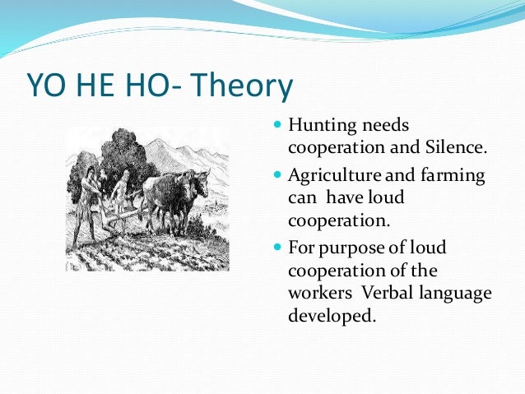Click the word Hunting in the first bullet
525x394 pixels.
[x=323, y=126]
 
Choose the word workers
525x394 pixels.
[x=317, y=294]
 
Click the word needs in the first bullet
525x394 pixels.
[x=385, y=126]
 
